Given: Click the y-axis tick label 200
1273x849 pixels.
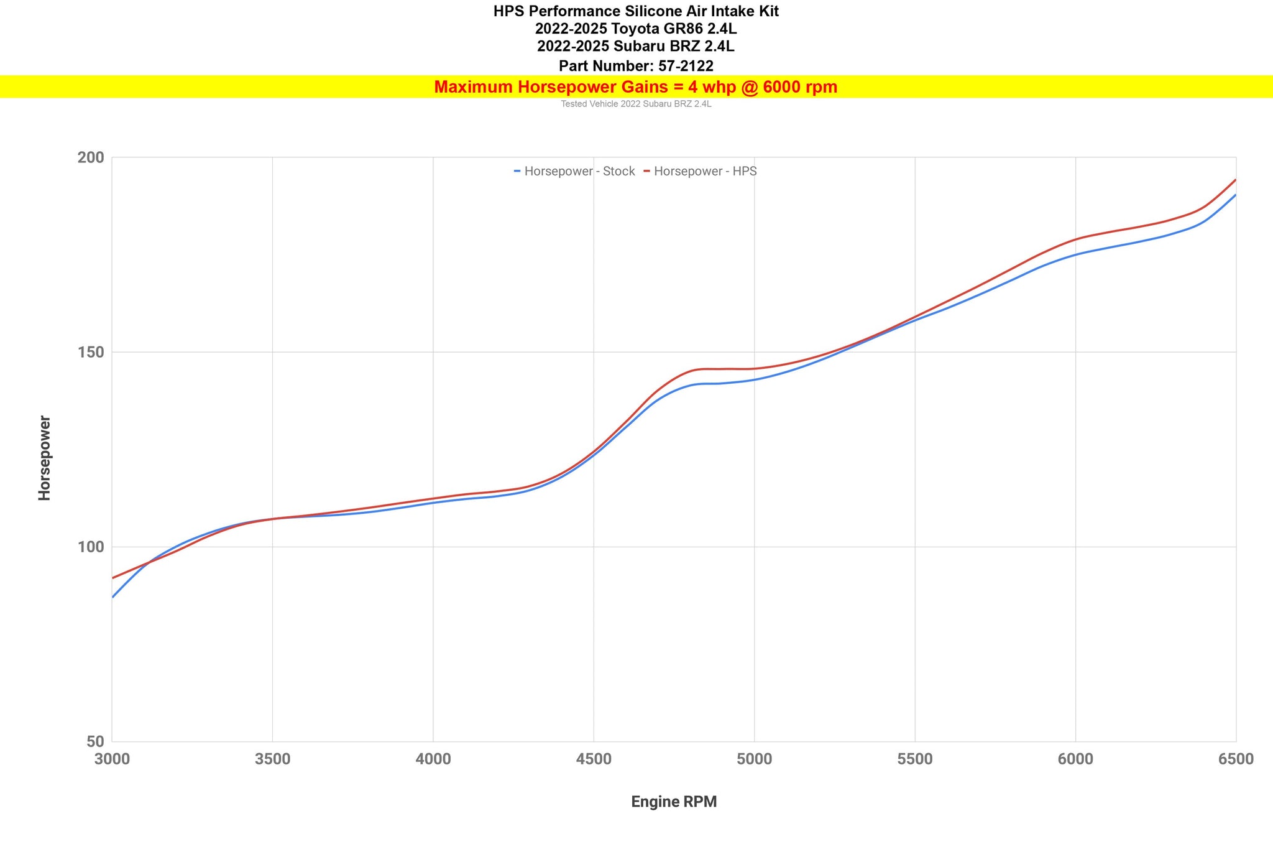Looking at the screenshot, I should (90, 157).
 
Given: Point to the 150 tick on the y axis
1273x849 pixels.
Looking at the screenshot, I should (90, 353).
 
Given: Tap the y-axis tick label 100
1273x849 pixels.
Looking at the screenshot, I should (90, 547).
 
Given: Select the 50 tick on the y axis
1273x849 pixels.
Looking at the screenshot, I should (94, 742).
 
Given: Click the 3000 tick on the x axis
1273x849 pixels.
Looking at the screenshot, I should (113, 759).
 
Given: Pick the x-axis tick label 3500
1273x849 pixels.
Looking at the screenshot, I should (273, 759).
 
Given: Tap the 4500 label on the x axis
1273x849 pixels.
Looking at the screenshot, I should (594, 759).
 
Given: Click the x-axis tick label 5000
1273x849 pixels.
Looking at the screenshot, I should (754, 759).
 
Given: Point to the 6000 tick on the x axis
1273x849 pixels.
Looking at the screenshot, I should (1075, 759).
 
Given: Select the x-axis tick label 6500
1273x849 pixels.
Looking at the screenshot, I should (1236, 759).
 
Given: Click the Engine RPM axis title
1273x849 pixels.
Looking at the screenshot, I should (674, 802).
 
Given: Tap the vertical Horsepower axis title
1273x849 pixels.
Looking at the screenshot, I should (45, 458).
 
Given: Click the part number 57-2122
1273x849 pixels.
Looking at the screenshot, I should (686, 66).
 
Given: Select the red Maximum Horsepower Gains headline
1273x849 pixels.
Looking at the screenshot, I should (636, 87).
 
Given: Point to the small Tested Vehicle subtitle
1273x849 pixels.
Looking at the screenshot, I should (636, 104).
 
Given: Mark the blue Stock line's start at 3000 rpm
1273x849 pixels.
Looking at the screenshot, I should (113, 597).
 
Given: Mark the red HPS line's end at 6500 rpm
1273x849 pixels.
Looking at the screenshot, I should (1235, 180).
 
